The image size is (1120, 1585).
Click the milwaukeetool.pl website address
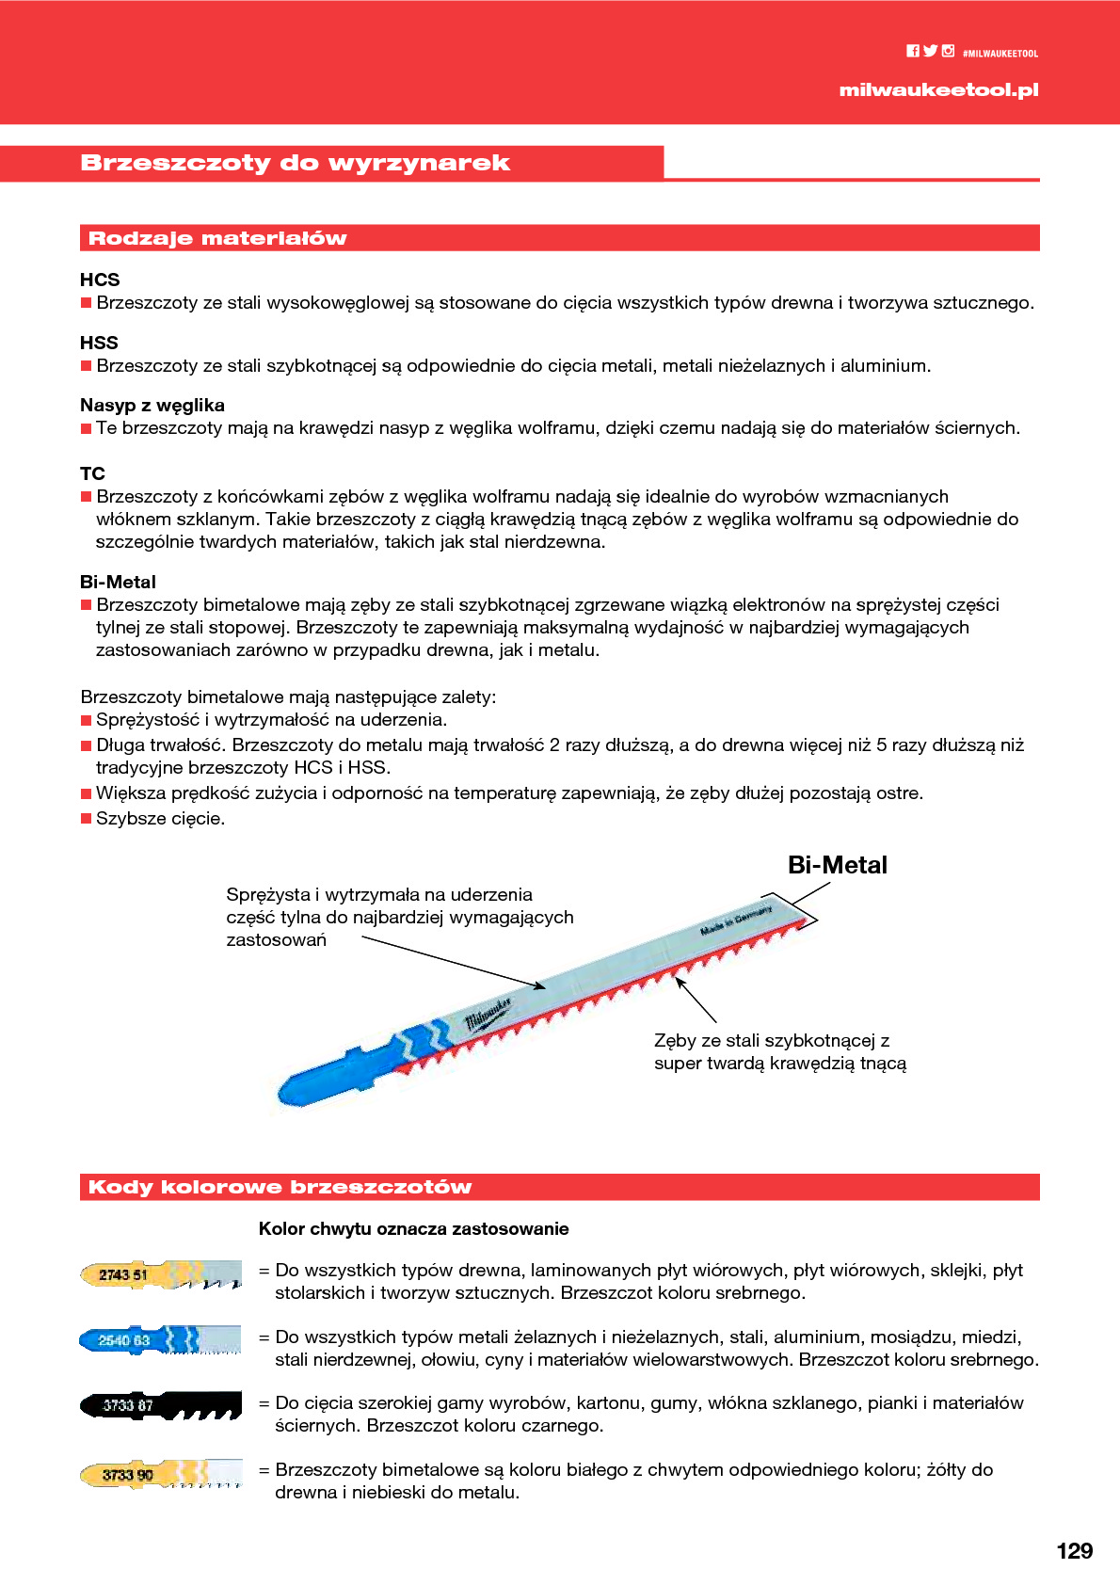[x=938, y=90]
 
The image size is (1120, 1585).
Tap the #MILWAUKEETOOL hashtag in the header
[x=1000, y=54]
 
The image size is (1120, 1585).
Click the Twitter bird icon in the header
[x=930, y=52]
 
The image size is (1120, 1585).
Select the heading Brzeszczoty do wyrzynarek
[x=295, y=163]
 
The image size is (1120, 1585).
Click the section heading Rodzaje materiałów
[x=217, y=238]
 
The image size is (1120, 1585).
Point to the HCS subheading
[x=100, y=280]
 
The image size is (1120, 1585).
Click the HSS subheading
[x=99, y=343]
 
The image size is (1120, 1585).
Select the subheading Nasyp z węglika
[x=152, y=405]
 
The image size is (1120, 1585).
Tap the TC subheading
[x=92, y=473]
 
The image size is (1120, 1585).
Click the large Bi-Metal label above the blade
[x=837, y=865]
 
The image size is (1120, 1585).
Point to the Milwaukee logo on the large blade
[x=488, y=1016]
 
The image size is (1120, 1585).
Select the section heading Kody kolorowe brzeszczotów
[x=280, y=1187]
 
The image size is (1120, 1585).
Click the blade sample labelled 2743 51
[x=160, y=1275]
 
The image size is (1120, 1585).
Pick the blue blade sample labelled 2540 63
[x=160, y=1339]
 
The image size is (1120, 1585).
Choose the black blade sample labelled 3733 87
[x=160, y=1405]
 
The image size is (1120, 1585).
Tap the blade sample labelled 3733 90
[x=160, y=1474]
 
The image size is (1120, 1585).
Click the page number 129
[x=1074, y=1551]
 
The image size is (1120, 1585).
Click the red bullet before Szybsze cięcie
[x=87, y=819]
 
